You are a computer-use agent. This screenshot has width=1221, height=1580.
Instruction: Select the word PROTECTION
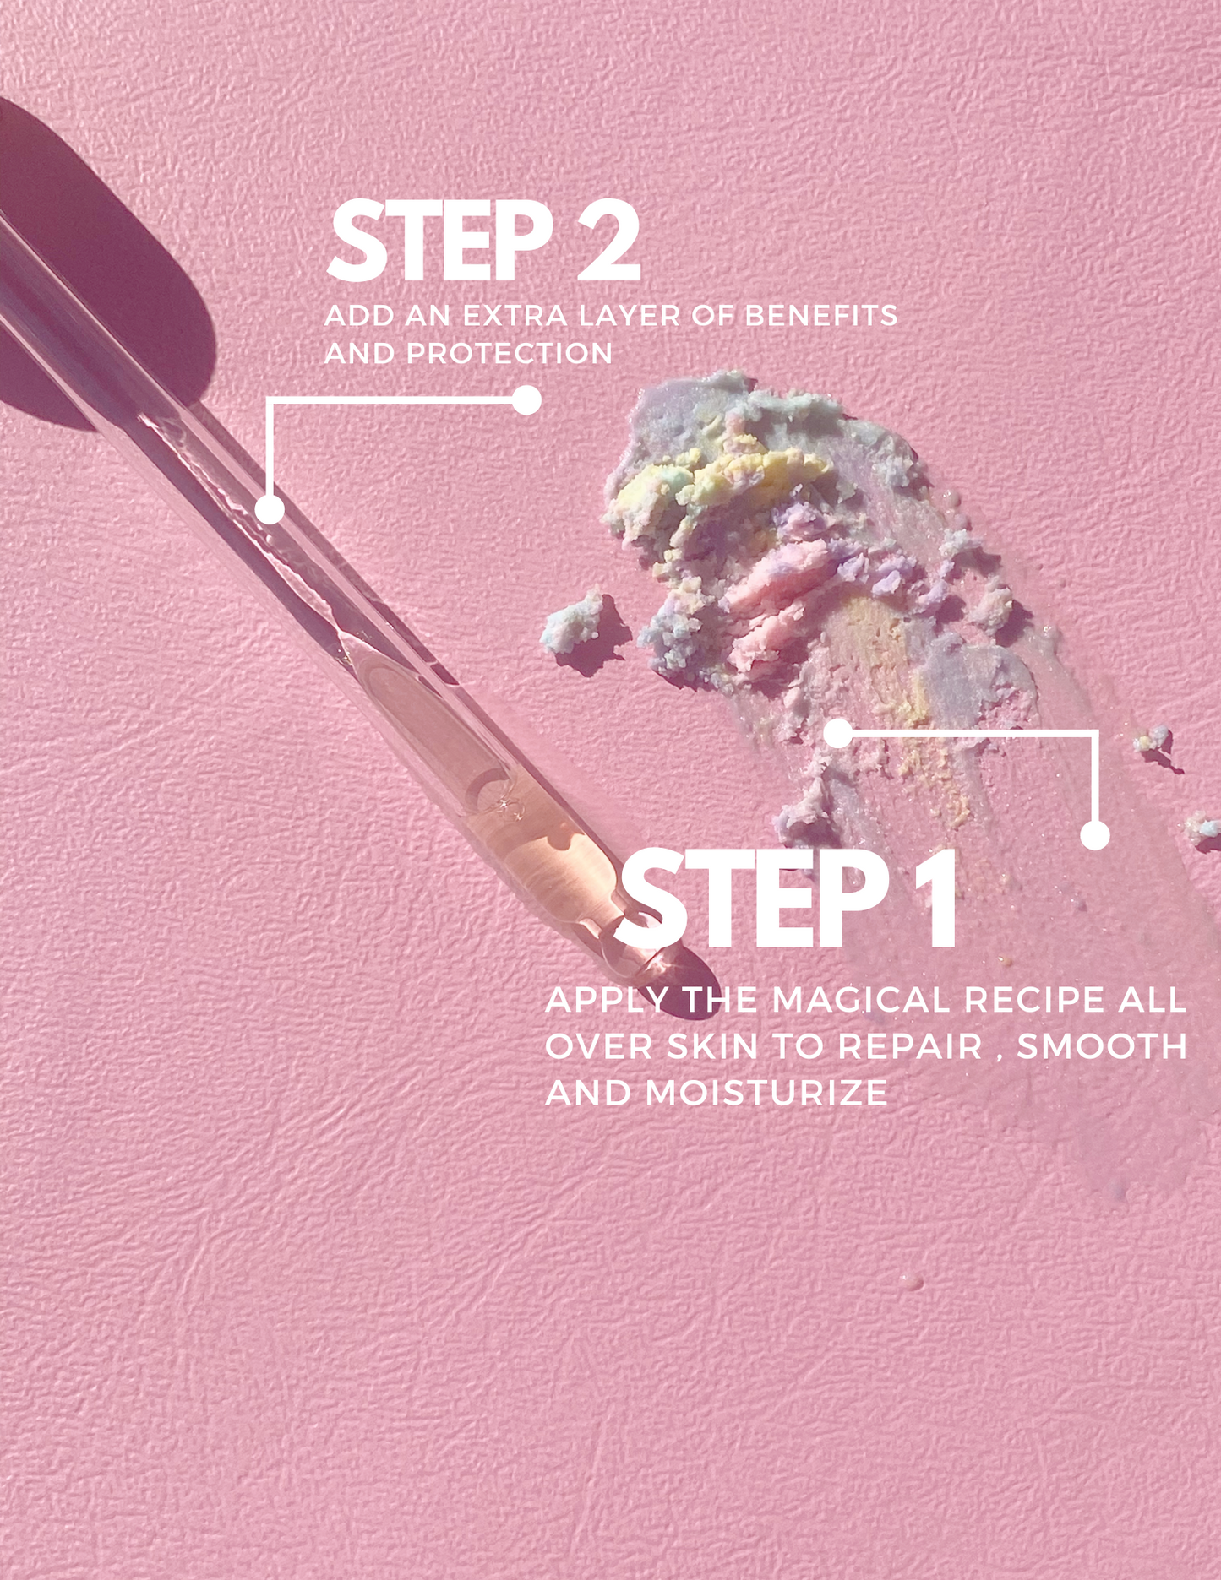(x=510, y=353)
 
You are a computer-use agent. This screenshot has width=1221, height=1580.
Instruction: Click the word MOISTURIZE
(x=766, y=1094)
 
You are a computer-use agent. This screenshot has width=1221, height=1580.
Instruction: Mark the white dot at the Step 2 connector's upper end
(x=526, y=400)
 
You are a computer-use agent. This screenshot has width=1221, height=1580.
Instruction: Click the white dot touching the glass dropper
(x=270, y=509)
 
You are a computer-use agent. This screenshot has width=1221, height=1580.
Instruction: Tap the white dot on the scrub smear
(x=837, y=733)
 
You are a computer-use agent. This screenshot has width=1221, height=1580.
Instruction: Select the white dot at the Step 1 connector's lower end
(x=1095, y=835)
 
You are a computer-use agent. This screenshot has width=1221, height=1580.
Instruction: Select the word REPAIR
(x=910, y=1047)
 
